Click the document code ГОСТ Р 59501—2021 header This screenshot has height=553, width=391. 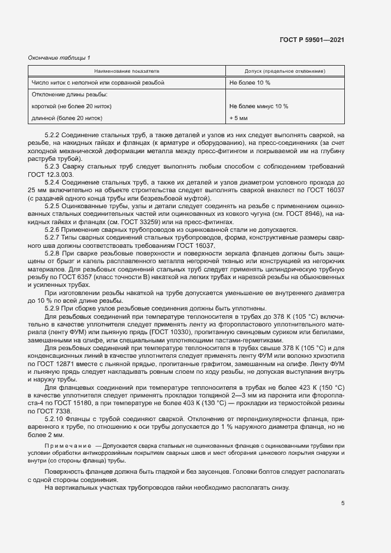(x=312, y=40)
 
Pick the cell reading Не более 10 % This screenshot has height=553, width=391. (x=250, y=83)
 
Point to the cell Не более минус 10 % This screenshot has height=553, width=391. (x=258, y=106)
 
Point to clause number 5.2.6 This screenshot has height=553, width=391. (x=53, y=229)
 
